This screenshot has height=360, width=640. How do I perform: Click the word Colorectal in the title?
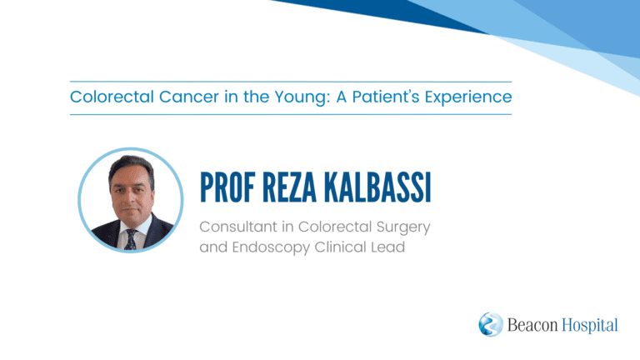tap(112, 97)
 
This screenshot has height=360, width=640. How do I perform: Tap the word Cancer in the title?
tap(189, 97)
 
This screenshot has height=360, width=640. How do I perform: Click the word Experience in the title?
tap(468, 98)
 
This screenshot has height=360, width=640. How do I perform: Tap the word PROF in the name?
tap(227, 187)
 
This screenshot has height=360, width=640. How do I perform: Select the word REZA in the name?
tap(289, 187)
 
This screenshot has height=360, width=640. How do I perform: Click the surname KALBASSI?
tap(377, 187)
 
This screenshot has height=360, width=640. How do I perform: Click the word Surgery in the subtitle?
tap(403, 227)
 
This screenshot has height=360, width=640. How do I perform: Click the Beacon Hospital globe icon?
tap(491, 324)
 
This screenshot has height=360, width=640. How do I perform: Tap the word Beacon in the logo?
tap(532, 325)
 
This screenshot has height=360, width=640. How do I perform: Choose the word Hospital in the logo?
tap(590, 326)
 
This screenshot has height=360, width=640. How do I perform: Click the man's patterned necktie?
tap(131, 240)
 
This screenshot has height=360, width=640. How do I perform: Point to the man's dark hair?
tap(131, 165)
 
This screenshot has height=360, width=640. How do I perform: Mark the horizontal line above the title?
tap(291, 82)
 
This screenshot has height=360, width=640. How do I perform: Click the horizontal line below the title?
tap(291, 115)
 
